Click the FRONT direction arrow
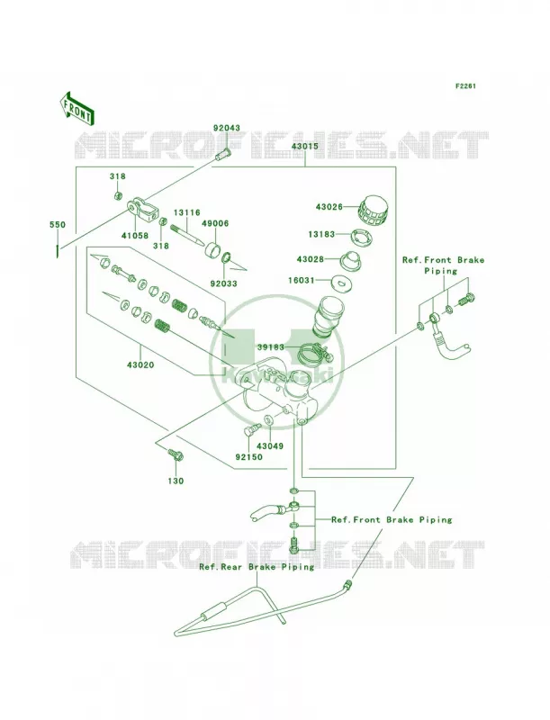pos(77,108)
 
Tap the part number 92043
pos(226,128)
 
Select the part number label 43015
pos(304,147)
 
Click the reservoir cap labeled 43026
pos(372,211)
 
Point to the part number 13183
pos(321,234)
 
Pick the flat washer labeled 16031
pos(340,282)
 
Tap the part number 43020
pos(140,365)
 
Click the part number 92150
pos(248,457)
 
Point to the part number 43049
pos(269,445)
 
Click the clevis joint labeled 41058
pos(143,209)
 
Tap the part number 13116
pos(187,212)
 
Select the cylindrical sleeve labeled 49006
pos(215,249)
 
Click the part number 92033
pos(223,283)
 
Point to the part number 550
pos(58,225)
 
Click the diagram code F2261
pos(465,85)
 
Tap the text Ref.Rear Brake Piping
pos(257,567)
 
